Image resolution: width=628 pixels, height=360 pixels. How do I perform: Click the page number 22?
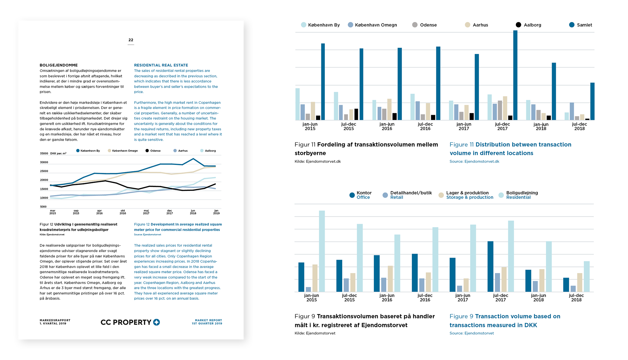(131, 40)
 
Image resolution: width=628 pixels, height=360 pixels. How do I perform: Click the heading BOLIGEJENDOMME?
(59, 65)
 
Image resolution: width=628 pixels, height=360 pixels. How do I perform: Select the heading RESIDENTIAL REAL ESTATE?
(161, 65)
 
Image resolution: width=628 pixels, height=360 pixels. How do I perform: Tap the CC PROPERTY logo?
(130, 322)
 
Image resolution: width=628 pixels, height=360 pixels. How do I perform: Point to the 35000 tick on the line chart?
(44, 153)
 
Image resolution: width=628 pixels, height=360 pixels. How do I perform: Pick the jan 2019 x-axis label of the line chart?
(216, 212)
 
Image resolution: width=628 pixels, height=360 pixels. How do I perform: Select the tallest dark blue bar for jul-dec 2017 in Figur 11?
(515, 75)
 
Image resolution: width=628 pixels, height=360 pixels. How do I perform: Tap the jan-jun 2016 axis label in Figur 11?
(387, 126)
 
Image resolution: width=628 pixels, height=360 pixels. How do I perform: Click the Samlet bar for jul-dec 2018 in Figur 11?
(592, 101)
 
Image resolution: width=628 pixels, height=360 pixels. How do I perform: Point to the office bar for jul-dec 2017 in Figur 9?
(490, 267)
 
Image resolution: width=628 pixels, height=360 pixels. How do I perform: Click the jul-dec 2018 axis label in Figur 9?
(576, 297)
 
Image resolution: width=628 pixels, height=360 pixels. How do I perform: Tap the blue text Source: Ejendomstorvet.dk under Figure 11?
(474, 161)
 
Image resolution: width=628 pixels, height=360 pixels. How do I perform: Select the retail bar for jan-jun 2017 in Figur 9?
(460, 289)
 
